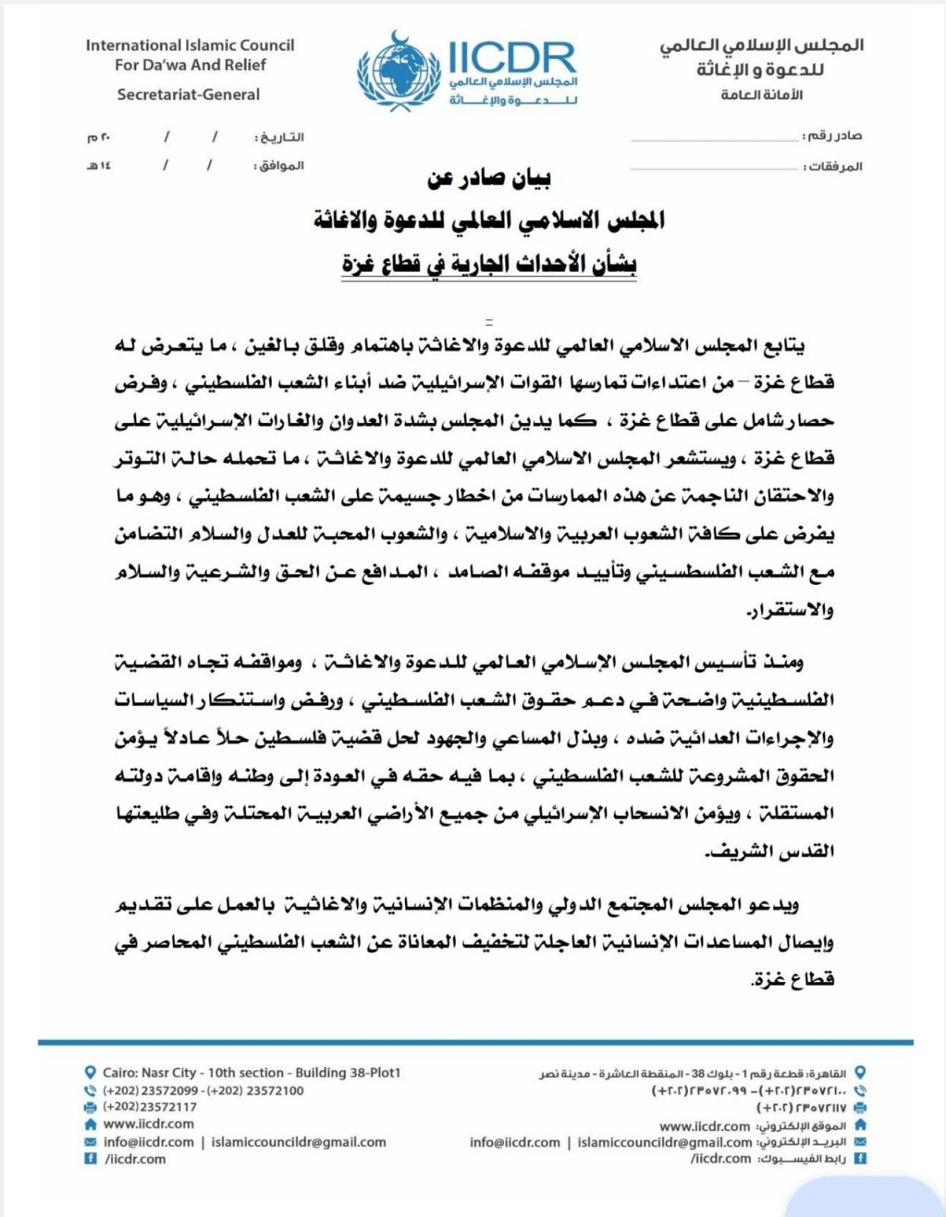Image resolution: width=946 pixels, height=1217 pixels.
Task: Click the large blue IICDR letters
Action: click(x=512, y=57)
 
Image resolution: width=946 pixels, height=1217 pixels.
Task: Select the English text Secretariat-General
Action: click(x=188, y=95)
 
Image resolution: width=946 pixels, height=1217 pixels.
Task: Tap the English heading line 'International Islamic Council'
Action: click(x=190, y=45)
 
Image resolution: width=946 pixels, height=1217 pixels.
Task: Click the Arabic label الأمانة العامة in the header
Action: click(x=762, y=95)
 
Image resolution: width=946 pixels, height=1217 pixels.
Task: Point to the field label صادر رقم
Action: click(x=832, y=136)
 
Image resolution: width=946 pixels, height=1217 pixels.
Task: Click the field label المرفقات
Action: click(x=832, y=167)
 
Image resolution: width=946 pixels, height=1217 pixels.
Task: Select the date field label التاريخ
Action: click(x=279, y=137)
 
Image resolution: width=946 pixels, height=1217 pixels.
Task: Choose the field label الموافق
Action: click(x=279, y=166)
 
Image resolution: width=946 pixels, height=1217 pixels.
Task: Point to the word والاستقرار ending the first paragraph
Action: click(x=790, y=610)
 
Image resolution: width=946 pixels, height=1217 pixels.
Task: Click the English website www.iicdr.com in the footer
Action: click(x=148, y=1124)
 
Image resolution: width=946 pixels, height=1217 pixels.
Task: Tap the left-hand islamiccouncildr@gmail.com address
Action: click(x=298, y=1142)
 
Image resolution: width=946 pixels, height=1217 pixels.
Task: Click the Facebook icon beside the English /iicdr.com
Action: click(x=90, y=1158)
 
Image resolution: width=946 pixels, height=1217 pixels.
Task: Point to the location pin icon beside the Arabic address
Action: click(x=860, y=1072)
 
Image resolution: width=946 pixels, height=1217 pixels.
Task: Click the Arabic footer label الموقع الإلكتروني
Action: click(x=801, y=1126)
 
